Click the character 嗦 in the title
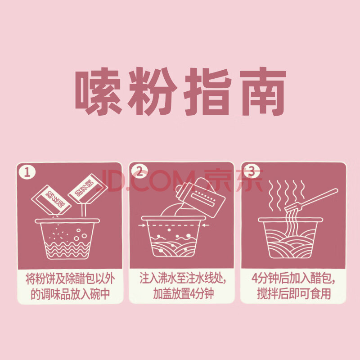(98, 91)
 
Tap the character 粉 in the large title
(153, 91)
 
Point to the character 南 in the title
(263, 91)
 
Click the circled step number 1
(27, 172)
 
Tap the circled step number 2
(139, 171)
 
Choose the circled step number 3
(252, 171)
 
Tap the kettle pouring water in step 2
(200, 198)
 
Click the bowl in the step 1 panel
(67, 239)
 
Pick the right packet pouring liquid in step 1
(88, 189)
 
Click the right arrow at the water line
(206, 225)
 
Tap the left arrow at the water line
(142, 225)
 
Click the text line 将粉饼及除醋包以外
(70, 279)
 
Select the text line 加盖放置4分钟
(183, 293)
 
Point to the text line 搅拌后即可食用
(294, 293)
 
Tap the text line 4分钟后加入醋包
(293, 278)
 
